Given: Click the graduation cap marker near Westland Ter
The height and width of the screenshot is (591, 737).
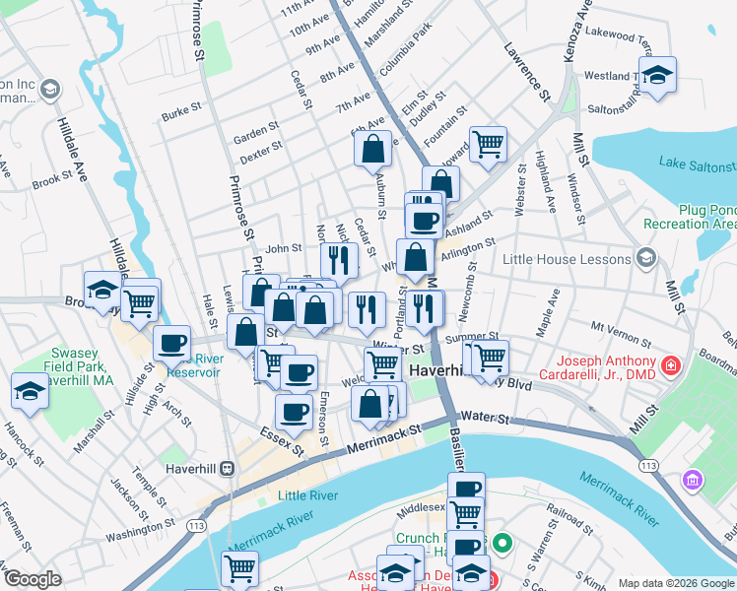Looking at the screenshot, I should click(x=657, y=75).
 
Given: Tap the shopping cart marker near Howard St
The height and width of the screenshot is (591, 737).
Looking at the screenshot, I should click(x=488, y=145).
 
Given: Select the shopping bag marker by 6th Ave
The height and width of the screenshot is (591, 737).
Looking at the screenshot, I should click(x=373, y=150).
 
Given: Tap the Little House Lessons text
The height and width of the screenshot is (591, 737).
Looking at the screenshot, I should click(x=566, y=259).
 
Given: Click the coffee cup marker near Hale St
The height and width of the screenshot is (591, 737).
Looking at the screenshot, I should click(x=172, y=344).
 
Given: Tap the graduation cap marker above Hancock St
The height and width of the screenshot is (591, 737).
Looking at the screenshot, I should click(x=30, y=392).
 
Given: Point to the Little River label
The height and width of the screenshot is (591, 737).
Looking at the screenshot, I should click(x=307, y=495).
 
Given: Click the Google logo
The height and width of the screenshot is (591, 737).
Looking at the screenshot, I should click(x=33, y=579).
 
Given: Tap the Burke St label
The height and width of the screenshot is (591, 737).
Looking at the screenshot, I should click(x=181, y=113).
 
